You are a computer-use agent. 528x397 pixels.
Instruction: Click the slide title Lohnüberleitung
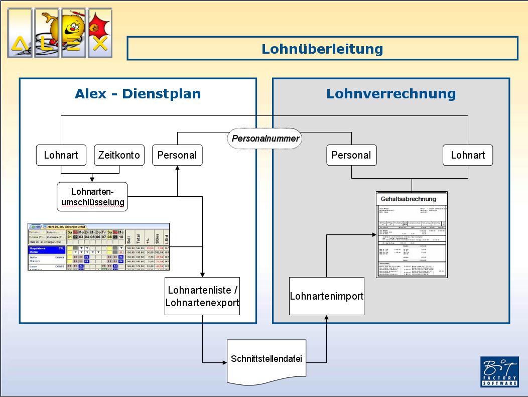click(x=322, y=49)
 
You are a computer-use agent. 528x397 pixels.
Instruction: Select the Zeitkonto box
click(x=119, y=155)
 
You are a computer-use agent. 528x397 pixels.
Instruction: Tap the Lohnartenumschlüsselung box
click(x=92, y=197)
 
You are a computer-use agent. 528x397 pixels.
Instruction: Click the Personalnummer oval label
click(x=266, y=138)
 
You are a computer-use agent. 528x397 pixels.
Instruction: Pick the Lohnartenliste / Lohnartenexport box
click(x=202, y=296)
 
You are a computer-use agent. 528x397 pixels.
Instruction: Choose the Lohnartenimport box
click(x=327, y=296)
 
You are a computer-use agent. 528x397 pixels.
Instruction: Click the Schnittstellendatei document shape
click(x=267, y=360)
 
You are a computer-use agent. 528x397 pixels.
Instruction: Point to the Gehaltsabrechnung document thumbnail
click(x=412, y=234)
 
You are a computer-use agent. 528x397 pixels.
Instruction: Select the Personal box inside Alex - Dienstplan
click(x=177, y=155)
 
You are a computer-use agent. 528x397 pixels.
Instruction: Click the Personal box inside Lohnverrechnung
click(x=351, y=155)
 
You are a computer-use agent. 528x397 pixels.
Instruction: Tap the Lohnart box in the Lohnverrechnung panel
click(x=468, y=155)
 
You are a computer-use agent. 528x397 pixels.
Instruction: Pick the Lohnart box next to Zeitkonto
click(x=61, y=155)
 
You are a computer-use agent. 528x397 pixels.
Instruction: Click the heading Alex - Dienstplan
click(x=138, y=94)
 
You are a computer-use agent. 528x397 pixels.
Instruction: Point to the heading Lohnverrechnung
click(x=391, y=94)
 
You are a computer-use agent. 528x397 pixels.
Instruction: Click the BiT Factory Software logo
click(x=499, y=371)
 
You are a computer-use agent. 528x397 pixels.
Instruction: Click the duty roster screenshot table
click(x=98, y=247)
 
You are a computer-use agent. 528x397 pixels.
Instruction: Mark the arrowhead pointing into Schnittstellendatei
click(x=224, y=362)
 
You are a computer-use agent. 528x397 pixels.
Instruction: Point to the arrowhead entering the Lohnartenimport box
click(x=327, y=317)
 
